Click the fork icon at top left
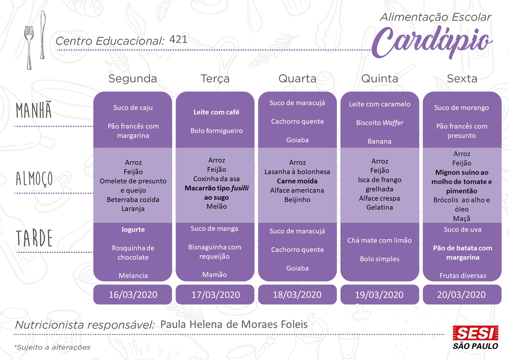(x=29, y=45)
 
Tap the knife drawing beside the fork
(x=43, y=35)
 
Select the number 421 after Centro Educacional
(x=178, y=39)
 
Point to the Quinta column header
(x=380, y=79)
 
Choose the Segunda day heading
(x=133, y=79)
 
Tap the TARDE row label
(x=34, y=238)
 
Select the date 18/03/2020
(x=297, y=295)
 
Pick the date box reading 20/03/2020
(x=462, y=295)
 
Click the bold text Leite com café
(x=216, y=112)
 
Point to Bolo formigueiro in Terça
(x=216, y=131)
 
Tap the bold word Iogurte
(x=133, y=230)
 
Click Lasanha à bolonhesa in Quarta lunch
(x=297, y=172)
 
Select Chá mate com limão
(x=380, y=240)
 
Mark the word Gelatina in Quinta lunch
(x=380, y=207)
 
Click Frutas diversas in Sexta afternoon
(x=463, y=276)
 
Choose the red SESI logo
(x=475, y=333)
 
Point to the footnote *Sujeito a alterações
(x=53, y=347)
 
